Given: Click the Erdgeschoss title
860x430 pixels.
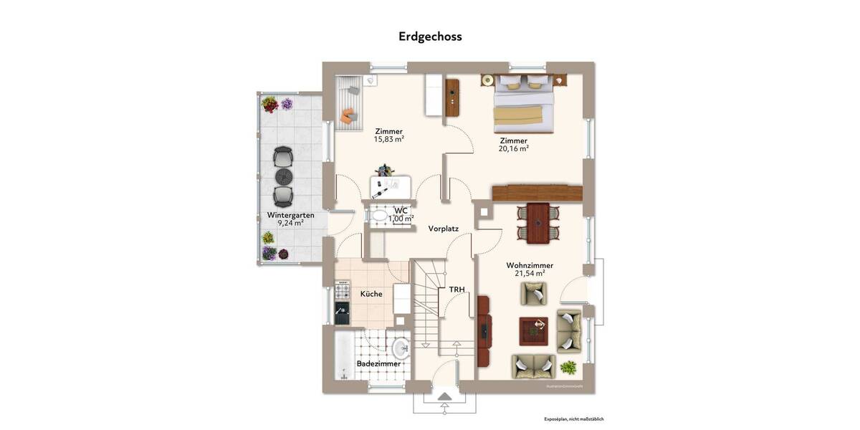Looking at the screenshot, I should pyautogui.click(x=430, y=37).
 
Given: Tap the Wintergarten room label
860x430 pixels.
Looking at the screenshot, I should pyautogui.click(x=290, y=215).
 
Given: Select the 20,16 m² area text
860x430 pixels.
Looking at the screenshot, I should pyautogui.click(x=514, y=149).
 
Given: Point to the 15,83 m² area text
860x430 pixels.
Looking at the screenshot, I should pyautogui.click(x=388, y=139).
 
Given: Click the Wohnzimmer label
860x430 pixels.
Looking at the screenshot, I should pyautogui.click(x=530, y=265).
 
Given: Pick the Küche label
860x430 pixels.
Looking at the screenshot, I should pyautogui.click(x=371, y=294).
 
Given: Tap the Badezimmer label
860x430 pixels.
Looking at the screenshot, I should pyautogui.click(x=378, y=363).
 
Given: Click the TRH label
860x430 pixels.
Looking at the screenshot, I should pyautogui.click(x=457, y=290).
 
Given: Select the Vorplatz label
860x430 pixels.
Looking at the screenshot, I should pyautogui.click(x=443, y=229).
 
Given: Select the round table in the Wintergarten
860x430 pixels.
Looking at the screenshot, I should pyautogui.click(x=284, y=176).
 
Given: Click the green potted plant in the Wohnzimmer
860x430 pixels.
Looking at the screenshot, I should pyautogui.click(x=568, y=368).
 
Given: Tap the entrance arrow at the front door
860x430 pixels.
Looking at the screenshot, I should pyautogui.click(x=444, y=396).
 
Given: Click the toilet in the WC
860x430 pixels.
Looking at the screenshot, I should pyautogui.click(x=378, y=213).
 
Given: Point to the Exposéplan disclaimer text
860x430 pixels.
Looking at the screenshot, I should pyautogui.click(x=573, y=419).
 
